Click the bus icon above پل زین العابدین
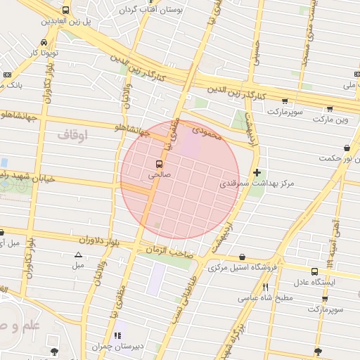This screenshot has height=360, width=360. [65, 11]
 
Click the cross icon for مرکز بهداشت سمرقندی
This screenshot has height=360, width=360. [257, 172]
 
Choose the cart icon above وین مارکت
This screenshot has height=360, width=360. [330, 109]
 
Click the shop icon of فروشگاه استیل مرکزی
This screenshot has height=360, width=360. [243, 257]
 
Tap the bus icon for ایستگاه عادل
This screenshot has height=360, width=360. [314, 270]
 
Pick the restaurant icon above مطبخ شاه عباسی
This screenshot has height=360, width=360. [265, 287]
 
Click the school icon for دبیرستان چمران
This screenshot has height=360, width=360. [117, 335]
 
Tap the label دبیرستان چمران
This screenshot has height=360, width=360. [112, 347]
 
